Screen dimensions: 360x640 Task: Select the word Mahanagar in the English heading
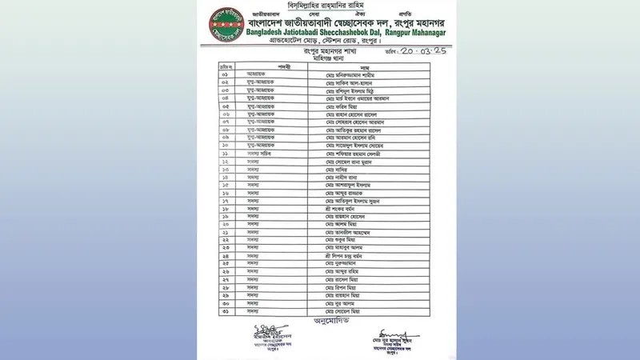422,32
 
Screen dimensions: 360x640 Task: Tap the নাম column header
364,67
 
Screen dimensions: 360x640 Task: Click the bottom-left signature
264,330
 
